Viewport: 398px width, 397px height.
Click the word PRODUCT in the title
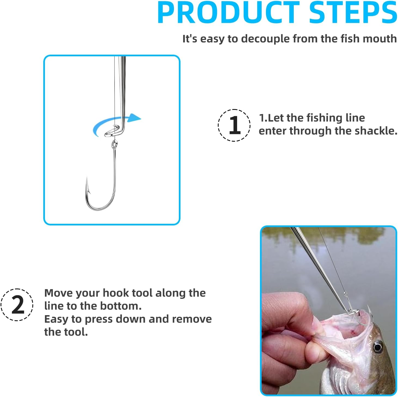coord(228,13)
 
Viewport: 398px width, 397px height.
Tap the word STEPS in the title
coord(353,13)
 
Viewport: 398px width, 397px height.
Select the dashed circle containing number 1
coord(234,125)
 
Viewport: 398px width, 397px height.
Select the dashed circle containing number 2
coord(17,305)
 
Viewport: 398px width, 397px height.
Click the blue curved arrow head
coord(134,118)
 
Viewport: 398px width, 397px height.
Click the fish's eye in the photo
coord(377,347)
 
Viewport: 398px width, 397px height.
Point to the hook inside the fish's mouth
coord(363,320)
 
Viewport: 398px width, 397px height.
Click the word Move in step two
coord(58,293)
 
